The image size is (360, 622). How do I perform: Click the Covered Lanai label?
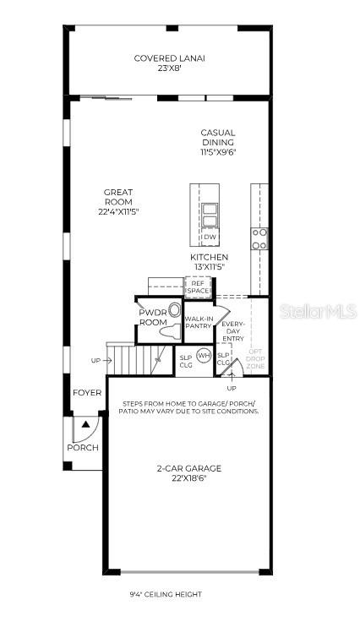[x=170, y=58]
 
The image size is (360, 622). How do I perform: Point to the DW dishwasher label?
[x=210, y=237]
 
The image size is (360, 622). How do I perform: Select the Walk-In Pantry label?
[x=199, y=322]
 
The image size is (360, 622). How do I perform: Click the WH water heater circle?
[x=204, y=356]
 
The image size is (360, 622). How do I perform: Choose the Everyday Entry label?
[x=232, y=330]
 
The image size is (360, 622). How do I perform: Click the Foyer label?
[x=87, y=393]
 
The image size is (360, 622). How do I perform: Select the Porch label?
[x=85, y=448]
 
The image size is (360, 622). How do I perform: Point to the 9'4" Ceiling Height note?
[x=166, y=595]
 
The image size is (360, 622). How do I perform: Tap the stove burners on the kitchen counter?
[x=259, y=238]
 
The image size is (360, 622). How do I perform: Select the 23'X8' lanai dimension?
[x=170, y=68]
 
